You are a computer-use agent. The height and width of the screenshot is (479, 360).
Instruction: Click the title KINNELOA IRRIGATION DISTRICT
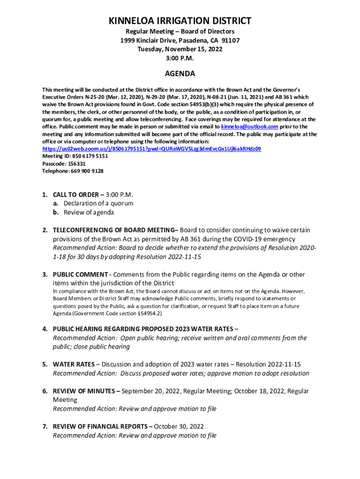180,21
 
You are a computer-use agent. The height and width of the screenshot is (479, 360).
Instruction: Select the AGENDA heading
180,74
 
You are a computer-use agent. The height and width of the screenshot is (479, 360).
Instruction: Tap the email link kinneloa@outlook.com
250,127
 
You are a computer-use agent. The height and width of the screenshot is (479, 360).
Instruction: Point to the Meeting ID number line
75,156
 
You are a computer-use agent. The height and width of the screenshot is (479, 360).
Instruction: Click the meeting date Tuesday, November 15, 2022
180,49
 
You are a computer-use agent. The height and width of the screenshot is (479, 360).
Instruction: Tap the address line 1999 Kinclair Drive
180,40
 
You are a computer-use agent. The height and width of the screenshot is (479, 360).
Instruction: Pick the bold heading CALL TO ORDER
75,195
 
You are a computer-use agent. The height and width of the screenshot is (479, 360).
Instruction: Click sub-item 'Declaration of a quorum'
98,203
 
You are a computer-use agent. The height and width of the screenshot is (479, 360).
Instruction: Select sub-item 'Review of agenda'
89,212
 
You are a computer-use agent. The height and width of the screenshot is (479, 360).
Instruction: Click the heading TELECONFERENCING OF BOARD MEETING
115,230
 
